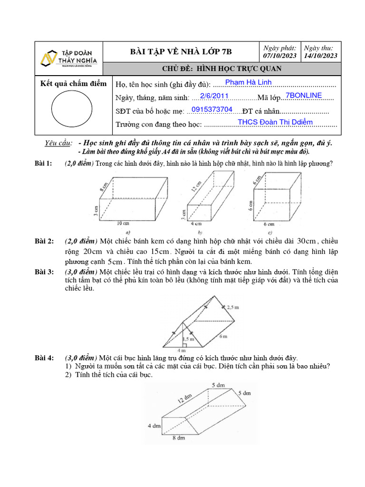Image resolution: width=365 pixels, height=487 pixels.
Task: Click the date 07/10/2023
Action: click(280, 56)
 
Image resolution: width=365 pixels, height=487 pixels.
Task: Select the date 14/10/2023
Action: click(320, 56)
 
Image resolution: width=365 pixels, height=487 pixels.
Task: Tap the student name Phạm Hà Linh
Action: click(248, 82)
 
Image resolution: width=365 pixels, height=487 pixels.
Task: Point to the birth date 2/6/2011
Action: click(214, 96)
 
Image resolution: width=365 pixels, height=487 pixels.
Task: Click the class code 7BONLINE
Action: click(304, 96)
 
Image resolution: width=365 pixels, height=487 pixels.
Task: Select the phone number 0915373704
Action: click(211, 110)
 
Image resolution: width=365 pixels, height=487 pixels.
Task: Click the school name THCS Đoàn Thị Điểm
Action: click(275, 122)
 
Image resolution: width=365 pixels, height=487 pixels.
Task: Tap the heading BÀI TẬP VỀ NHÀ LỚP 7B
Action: click(181, 52)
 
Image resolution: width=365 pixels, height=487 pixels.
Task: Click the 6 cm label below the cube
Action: click(269, 224)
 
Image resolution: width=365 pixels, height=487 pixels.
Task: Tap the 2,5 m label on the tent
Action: click(233, 308)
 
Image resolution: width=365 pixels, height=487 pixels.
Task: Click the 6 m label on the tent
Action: click(222, 336)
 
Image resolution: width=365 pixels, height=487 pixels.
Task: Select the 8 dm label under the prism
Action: click(179, 438)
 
